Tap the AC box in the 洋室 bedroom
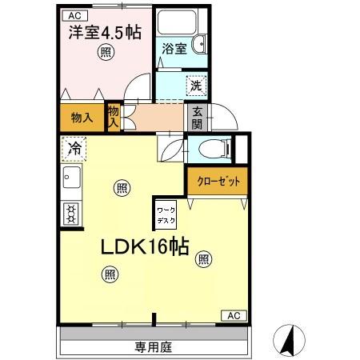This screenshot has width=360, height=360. (x=73, y=15)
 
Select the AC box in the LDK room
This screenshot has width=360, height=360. (x=233, y=315)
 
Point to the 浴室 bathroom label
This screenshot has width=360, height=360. (x=174, y=48)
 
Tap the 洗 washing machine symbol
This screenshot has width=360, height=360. (x=195, y=85)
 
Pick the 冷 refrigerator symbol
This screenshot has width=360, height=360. (x=73, y=148)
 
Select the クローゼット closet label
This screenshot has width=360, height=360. (x=218, y=182)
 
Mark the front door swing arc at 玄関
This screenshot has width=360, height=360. (x=226, y=118)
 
